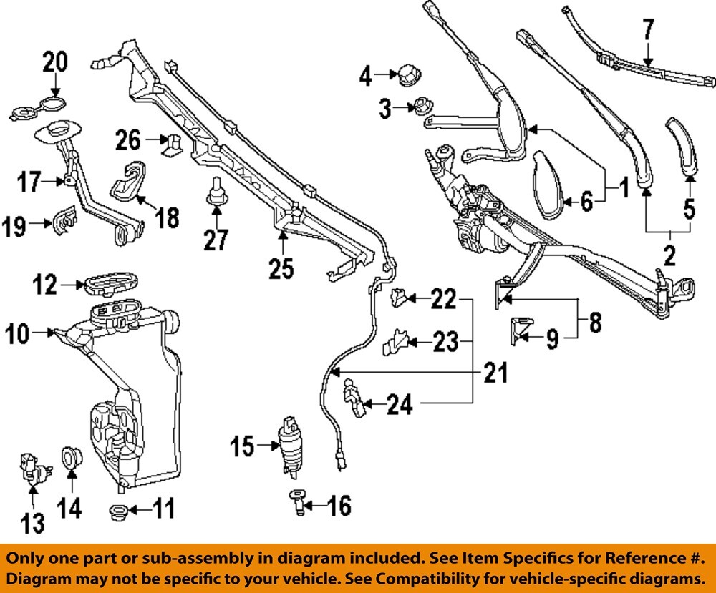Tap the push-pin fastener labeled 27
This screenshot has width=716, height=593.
click(x=213, y=200)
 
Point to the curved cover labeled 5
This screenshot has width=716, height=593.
click(x=682, y=147)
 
